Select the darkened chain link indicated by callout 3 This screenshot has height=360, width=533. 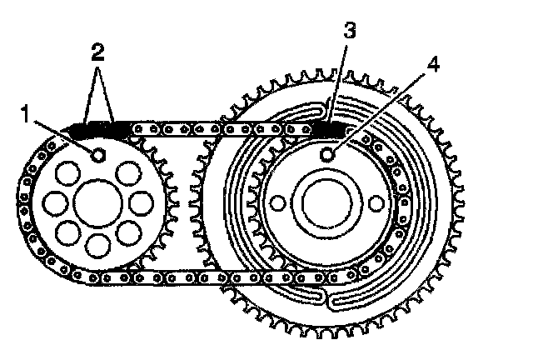tap(330, 130)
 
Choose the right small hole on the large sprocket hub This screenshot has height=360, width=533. tap(376, 203)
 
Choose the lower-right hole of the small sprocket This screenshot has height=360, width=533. tap(130, 232)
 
